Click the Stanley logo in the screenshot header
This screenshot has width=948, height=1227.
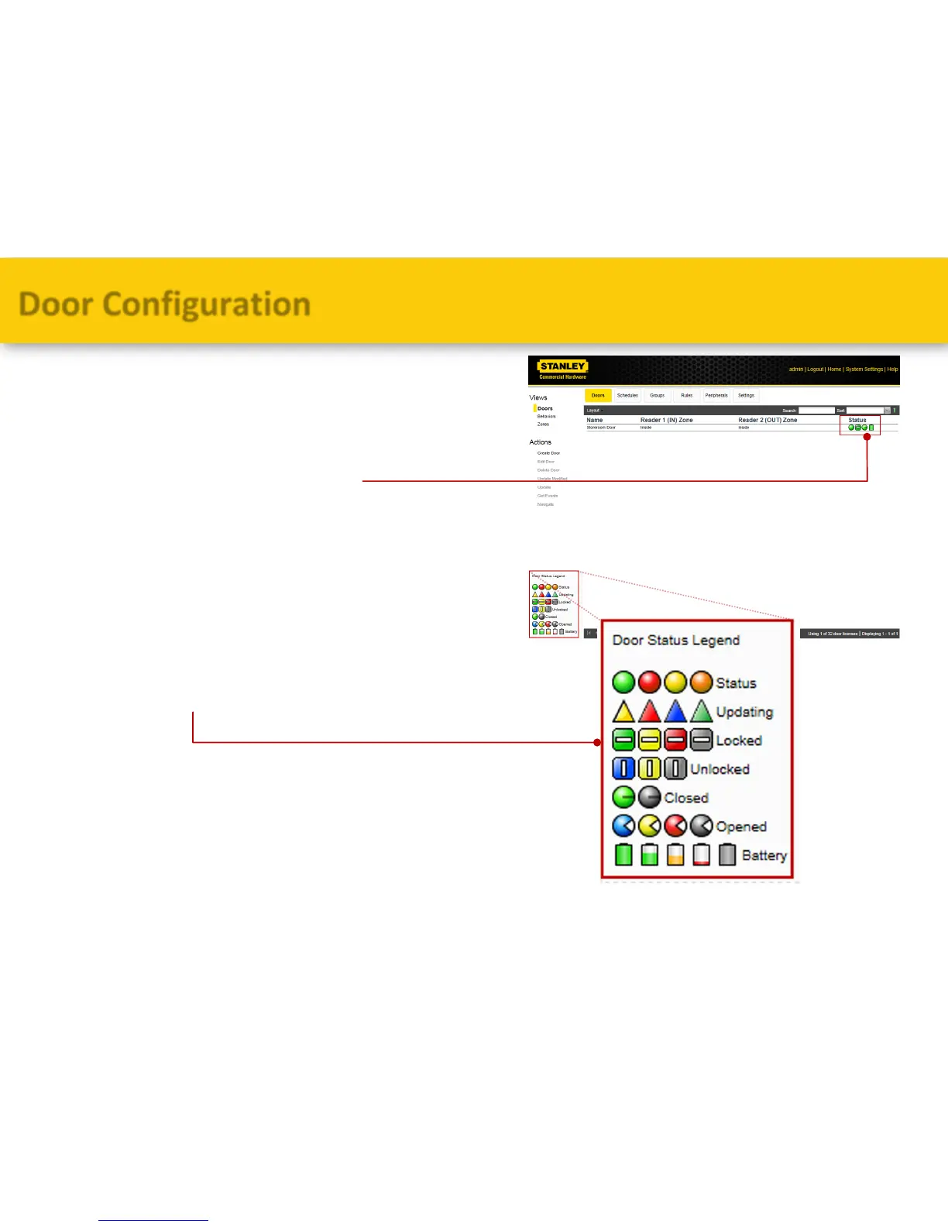click(562, 369)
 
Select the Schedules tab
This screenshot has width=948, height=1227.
click(627, 396)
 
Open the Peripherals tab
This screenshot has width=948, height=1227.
click(716, 396)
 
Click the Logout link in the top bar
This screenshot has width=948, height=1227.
click(816, 369)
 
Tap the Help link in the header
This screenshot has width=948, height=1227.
click(892, 369)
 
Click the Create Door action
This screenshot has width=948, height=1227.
click(548, 453)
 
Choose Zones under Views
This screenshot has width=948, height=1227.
click(543, 424)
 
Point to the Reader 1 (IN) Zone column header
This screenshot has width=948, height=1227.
click(666, 420)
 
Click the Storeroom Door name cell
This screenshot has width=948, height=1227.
click(601, 428)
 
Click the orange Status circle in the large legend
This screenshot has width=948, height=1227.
click(701, 682)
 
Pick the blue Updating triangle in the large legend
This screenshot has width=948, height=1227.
click(675, 711)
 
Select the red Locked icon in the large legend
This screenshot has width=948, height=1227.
click(675, 741)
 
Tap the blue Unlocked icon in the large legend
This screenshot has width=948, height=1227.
click(623, 768)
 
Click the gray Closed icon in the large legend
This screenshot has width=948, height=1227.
click(650, 797)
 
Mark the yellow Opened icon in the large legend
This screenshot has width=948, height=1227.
click(650, 826)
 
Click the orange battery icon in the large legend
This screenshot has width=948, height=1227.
click(675, 854)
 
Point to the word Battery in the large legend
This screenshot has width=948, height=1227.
click(764, 855)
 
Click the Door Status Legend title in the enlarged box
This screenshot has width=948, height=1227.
click(676, 641)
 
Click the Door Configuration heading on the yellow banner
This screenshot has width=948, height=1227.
click(165, 304)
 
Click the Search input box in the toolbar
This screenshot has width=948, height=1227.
click(816, 411)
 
